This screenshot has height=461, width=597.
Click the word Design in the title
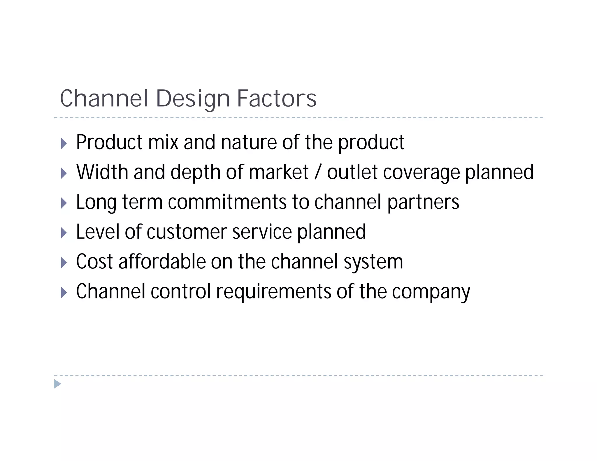click(193, 99)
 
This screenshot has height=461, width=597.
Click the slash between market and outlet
click(318, 173)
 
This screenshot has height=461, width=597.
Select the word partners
click(423, 203)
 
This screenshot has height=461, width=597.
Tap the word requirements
click(273, 292)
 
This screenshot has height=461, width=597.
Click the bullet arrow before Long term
click(64, 203)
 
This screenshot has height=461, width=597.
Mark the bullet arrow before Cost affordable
click(64, 263)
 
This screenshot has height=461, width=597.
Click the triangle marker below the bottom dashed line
click(58, 384)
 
